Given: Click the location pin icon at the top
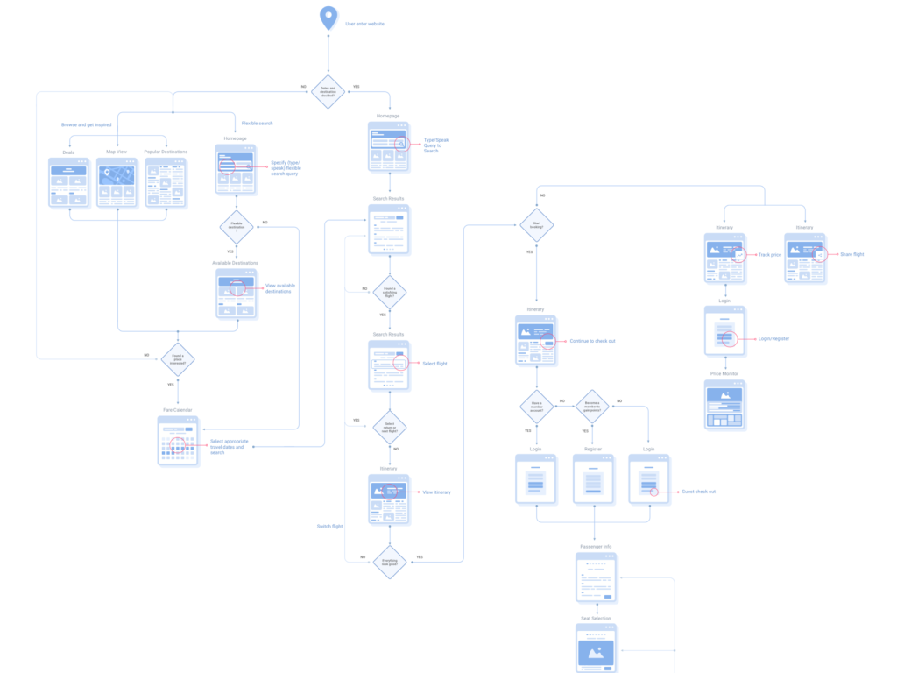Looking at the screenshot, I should tap(328, 18).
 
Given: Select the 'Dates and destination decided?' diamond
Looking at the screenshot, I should tap(328, 91).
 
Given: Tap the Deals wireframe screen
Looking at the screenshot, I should tap(69, 182).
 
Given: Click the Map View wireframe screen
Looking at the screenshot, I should tap(117, 182).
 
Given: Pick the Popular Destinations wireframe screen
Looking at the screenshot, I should tap(166, 182).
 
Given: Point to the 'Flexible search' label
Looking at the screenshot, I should tap(257, 124).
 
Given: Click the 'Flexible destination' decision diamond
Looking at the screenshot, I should tap(236, 226).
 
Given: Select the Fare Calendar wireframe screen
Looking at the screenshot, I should tap(177, 441).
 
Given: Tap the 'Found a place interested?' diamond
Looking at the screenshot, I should tap(177, 358).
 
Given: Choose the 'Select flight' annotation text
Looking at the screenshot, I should tap(434, 363).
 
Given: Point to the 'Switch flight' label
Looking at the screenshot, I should tap(330, 526).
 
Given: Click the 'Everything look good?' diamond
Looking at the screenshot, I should tap(389, 563).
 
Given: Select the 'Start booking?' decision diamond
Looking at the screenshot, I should tap(537, 225).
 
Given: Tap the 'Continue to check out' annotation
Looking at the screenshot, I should tap(592, 340).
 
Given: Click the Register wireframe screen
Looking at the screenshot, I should tap(593, 478).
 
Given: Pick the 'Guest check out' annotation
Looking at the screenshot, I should tap(699, 492).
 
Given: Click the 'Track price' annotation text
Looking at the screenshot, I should tap(769, 254).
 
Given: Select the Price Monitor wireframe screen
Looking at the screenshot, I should tap(724, 405).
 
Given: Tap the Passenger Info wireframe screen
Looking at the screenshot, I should tap(596, 577).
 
